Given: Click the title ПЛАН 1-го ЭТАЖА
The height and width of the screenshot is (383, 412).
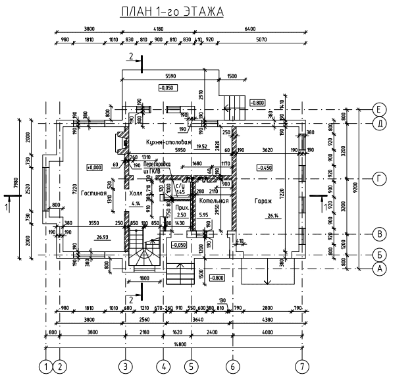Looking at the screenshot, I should pyautogui.click(x=172, y=12).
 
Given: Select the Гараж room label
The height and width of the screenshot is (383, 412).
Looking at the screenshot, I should pyautogui.click(x=265, y=200).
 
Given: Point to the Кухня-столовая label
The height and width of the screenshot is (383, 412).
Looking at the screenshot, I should pyautogui.click(x=168, y=141).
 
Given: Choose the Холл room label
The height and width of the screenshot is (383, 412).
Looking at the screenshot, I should pyautogui.click(x=136, y=195).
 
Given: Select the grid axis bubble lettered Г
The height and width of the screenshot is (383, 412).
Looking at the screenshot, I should pyautogui.click(x=379, y=178).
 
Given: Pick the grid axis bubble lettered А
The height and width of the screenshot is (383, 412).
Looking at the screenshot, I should pyautogui.click(x=379, y=268).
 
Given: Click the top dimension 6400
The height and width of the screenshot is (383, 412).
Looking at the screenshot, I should pyautogui.click(x=249, y=29).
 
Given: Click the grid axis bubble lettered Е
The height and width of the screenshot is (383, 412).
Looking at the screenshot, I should pyautogui.click(x=379, y=109).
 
